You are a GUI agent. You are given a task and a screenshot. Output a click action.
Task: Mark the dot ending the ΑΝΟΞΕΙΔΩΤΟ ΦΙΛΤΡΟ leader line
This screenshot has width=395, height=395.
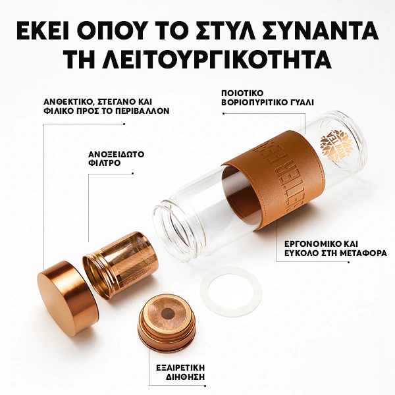[134, 173]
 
